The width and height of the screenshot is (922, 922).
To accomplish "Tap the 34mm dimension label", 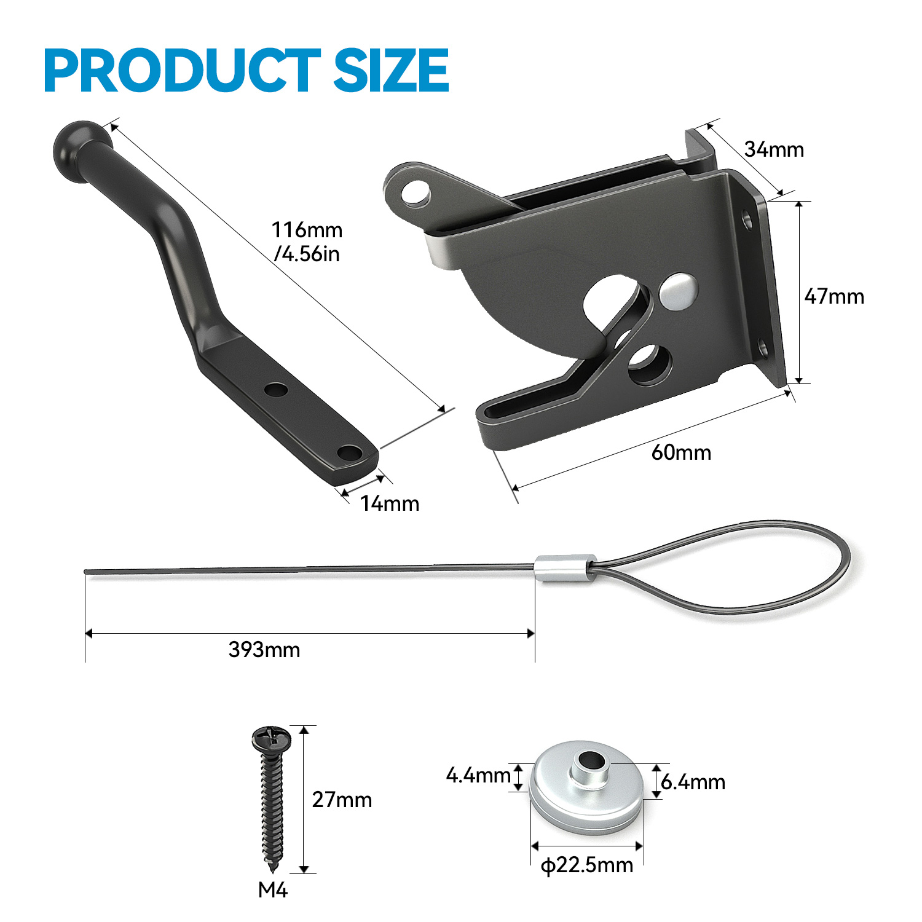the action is coord(774,149).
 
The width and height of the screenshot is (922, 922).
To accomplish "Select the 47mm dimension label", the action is coord(834,296).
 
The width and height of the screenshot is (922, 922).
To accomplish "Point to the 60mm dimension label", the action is coord(681,452).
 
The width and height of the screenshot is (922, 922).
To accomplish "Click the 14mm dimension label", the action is coord(390,503).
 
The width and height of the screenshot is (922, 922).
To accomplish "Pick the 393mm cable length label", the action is coord(264,650).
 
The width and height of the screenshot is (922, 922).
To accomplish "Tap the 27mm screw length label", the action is coord(342,800).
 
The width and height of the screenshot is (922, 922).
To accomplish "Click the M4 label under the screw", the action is coord(273,890).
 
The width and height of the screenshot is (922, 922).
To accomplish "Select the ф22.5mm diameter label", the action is coord(587,865).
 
